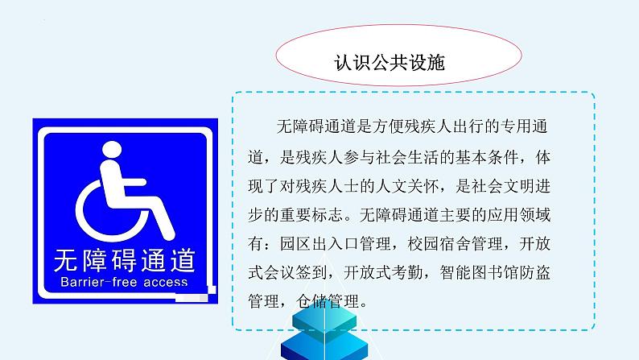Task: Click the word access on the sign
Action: [164, 283]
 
